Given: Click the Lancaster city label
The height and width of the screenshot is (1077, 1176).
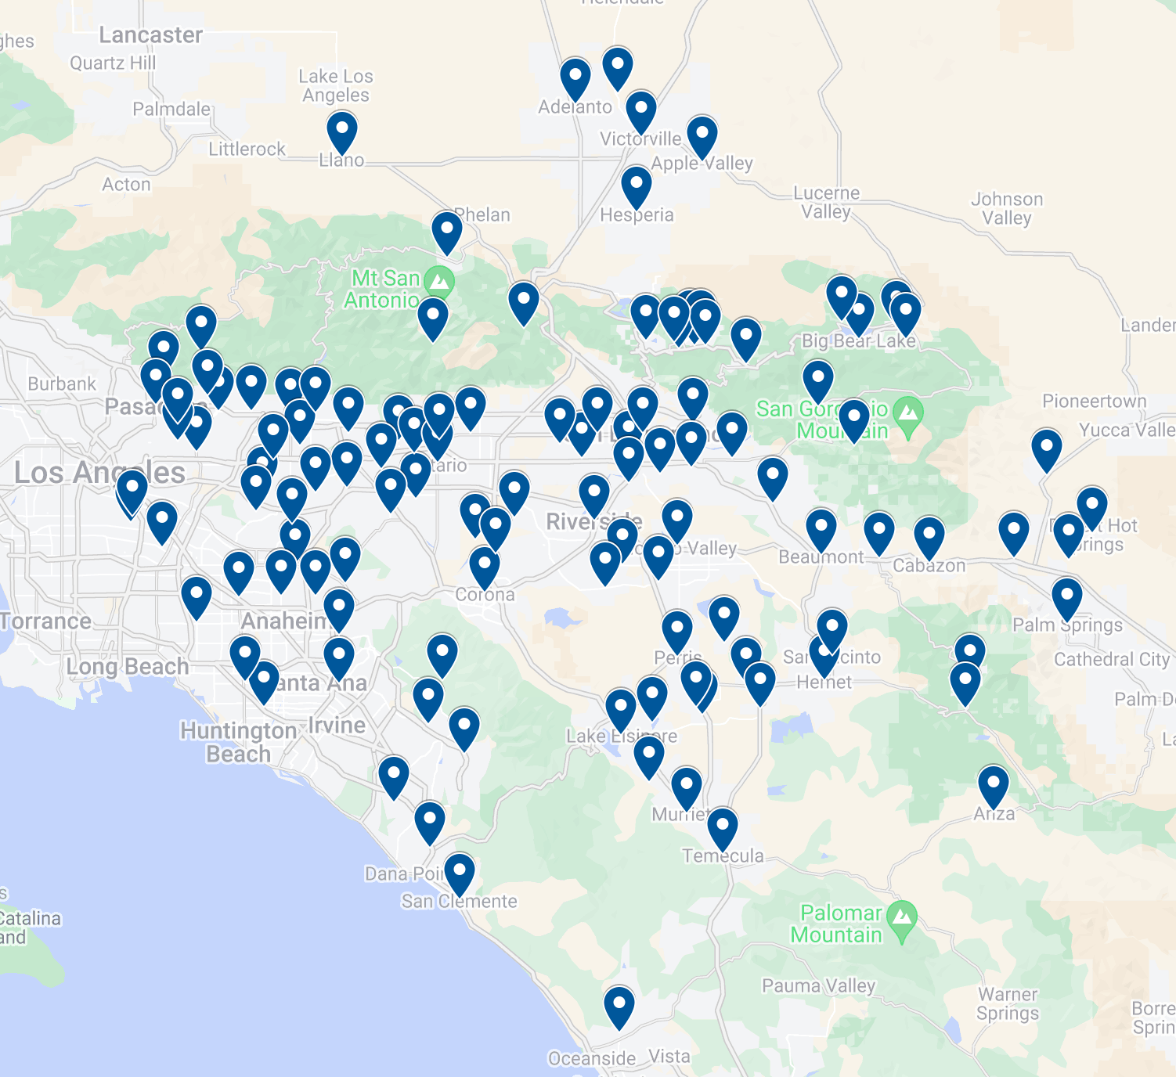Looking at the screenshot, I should click(x=150, y=35).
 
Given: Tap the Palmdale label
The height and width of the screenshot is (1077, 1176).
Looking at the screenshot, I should click(x=171, y=109).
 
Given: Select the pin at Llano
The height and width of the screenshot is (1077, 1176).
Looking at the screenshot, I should click(x=342, y=131).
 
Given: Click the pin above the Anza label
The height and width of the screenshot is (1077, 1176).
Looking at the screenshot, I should click(x=994, y=784).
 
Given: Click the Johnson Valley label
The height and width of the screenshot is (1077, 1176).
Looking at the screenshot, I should click(x=1007, y=208).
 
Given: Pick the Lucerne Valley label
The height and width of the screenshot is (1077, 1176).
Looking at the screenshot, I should click(x=826, y=202).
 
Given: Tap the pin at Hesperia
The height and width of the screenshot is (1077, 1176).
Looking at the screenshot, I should click(x=637, y=186).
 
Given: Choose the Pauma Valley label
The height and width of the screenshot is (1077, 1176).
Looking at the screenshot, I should click(x=819, y=985).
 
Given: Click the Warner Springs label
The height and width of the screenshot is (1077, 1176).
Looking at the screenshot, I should click(x=1008, y=1003).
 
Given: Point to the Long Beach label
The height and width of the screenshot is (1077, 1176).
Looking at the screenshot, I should click(x=128, y=667).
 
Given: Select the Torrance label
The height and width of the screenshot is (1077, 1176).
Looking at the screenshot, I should click(x=46, y=621).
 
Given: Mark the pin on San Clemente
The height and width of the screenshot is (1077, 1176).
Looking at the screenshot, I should click(x=460, y=872).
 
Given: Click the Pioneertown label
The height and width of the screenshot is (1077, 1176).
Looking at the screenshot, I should click(x=1094, y=402).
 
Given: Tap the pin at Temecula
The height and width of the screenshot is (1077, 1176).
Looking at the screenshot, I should click(x=722, y=827).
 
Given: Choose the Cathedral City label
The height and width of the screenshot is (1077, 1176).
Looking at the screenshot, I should click(x=1111, y=660).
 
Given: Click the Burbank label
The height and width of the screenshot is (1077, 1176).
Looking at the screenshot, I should click(x=62, y=384).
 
